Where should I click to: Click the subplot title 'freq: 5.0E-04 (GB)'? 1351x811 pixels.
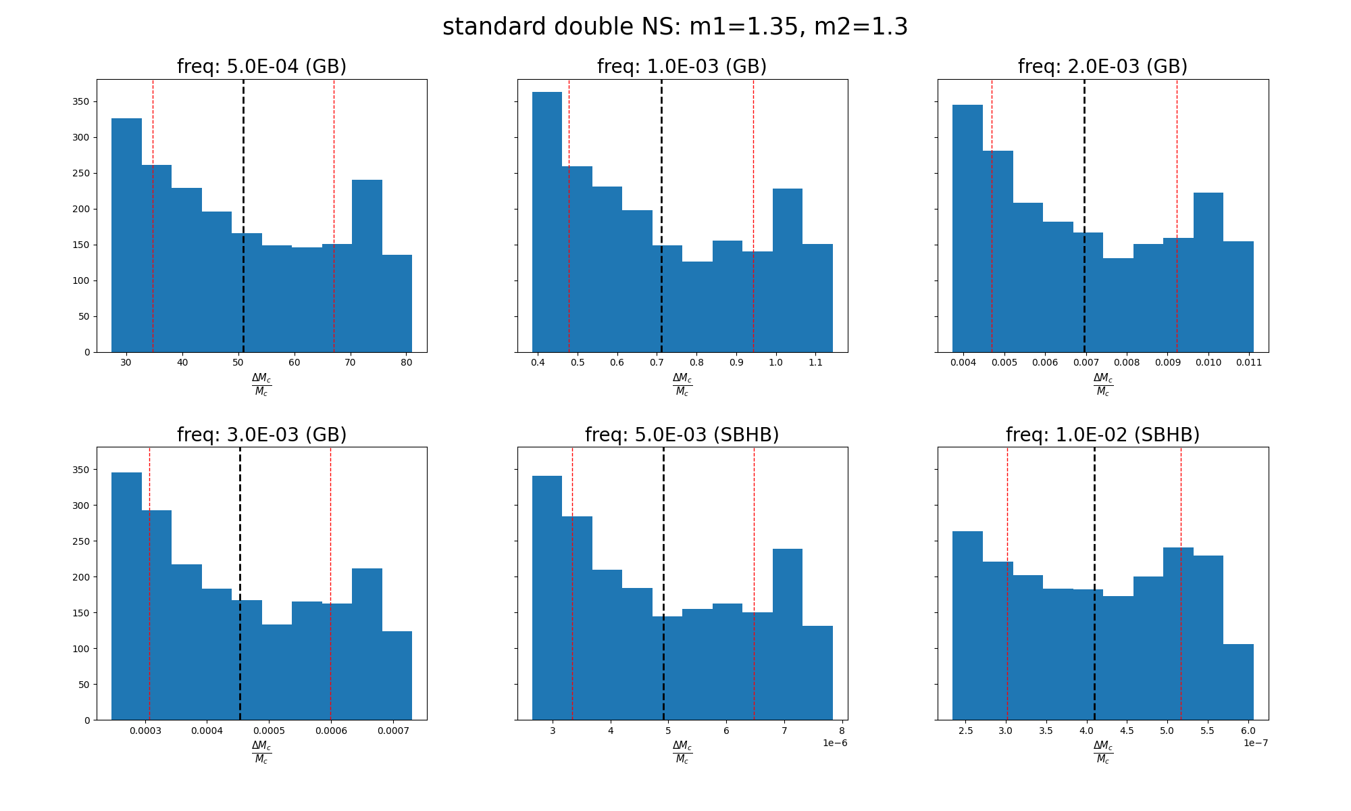261,67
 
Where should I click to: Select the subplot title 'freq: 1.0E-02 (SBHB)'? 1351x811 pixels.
1102,435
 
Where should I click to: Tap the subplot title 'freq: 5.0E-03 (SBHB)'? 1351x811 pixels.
682,435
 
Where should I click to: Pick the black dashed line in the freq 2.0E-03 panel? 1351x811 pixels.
1084,216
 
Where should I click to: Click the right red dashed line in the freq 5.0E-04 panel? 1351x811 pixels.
334,216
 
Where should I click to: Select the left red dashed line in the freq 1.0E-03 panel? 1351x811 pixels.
569,216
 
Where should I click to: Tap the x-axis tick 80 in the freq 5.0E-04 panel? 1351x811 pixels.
406,363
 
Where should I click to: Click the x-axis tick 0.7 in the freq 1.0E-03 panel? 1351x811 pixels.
657,363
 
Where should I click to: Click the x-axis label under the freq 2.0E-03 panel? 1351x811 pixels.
1102,385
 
